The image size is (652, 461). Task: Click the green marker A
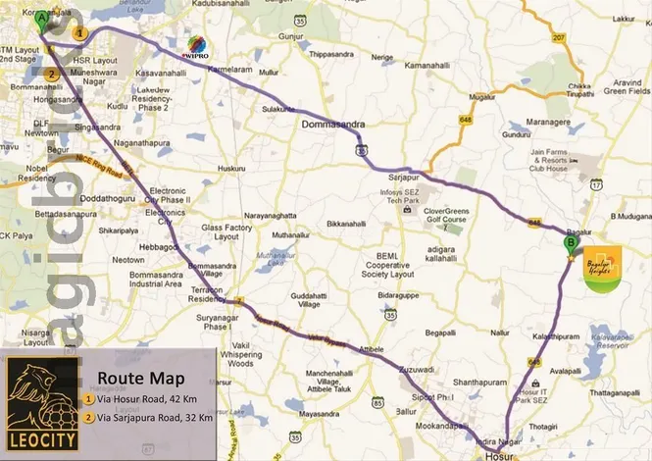point(41,18)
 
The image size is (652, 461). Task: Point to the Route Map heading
point(135,377)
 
